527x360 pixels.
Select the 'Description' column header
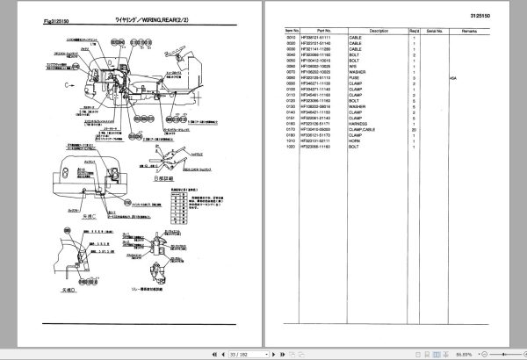click(379, 30)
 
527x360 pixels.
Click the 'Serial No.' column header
click(432, 30)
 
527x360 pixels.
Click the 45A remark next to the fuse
click(452, 77)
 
